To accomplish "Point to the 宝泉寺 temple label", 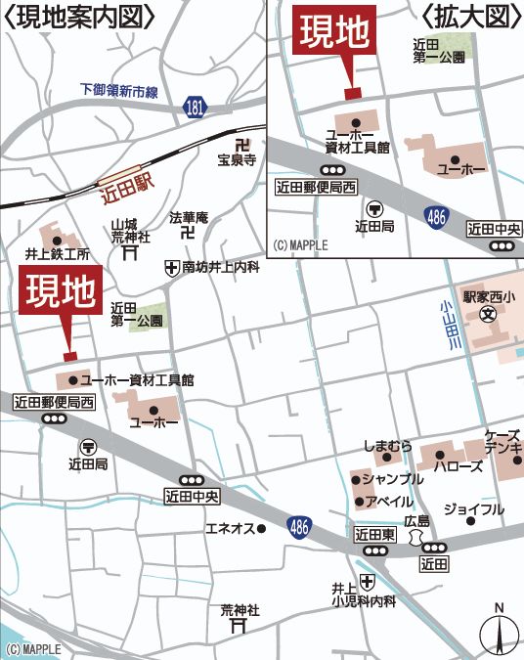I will coord(237,160).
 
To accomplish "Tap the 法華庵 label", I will coord(189,217).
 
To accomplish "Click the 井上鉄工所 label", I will coord(58,254).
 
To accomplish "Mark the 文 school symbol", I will coord(488,317).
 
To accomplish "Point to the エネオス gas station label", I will coord(230,528).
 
